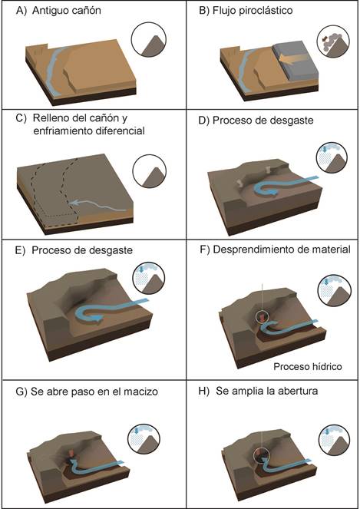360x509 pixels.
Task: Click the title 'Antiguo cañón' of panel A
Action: pyautogui.click(x=67, y=11)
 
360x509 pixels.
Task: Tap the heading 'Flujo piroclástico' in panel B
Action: pyautogui.click(x=253, y=11)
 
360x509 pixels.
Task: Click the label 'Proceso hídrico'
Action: pyautogui.click(x=307, y=366)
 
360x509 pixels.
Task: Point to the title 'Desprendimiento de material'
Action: pyautogui.click(x=282, y=250)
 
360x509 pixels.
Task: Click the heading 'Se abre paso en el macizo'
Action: pyautogui.click(x=94, y=392)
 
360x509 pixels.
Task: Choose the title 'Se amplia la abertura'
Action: pyautogui.click(x=267, y=391)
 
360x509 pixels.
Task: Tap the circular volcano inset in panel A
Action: pyautogui.click(x=149, y=40)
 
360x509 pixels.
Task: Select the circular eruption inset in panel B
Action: pyautogui.click(x=333, y=42)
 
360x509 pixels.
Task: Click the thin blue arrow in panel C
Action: pyautogui.click(x=97, y=205)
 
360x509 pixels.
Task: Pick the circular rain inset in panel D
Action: pyautogui.click(x=332, y=157)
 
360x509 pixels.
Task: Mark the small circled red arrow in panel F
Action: pyautogui.click(x=262, y=316)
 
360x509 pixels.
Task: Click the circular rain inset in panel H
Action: pyautogui.click(x=334, y=440)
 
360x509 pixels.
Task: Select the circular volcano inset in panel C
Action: pyautogui.click(x=150, y=171)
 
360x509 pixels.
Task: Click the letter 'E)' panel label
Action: pyautogui.click(x=20, y=250)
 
